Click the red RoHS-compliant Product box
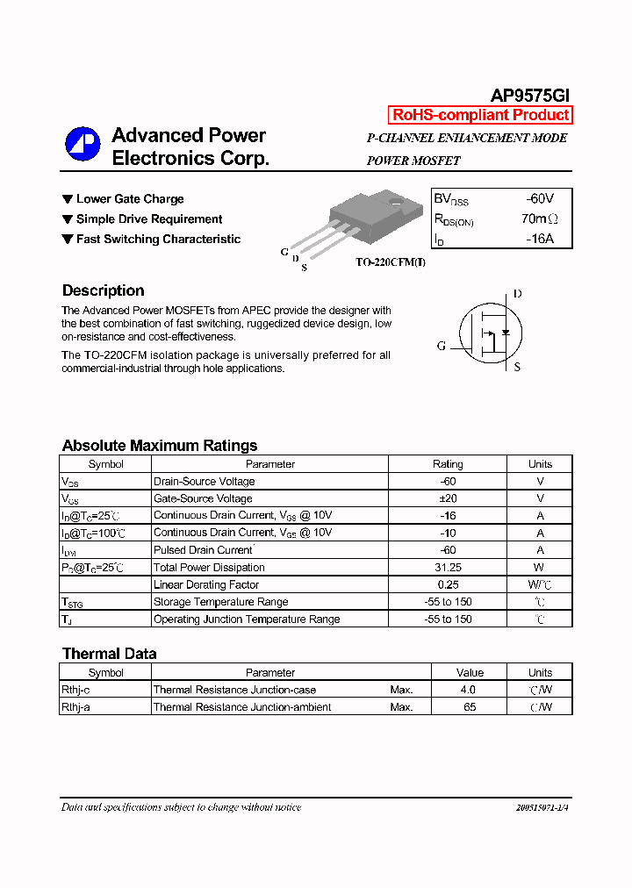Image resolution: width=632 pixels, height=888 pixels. (480, 115)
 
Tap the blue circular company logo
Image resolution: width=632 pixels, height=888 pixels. (83, 145)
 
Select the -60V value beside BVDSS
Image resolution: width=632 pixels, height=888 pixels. (540, 199)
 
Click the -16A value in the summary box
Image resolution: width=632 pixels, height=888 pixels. (540, 238)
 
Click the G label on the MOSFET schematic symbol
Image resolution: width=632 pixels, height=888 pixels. (442, 346)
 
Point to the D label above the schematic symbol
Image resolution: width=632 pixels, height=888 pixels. (517, 294)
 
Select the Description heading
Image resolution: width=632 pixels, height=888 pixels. (103, 290)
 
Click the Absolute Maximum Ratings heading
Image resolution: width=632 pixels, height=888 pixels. (160, 446)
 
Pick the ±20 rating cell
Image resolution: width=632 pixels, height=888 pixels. (448, 498)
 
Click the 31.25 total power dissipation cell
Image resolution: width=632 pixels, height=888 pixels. (448, 568)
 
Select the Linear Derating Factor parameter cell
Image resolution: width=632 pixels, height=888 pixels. (206, 584)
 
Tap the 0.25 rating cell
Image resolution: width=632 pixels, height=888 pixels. (448, 584)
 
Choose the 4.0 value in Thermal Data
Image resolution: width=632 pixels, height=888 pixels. (470, 690)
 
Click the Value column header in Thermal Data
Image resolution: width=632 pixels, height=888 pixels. (470, 673)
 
